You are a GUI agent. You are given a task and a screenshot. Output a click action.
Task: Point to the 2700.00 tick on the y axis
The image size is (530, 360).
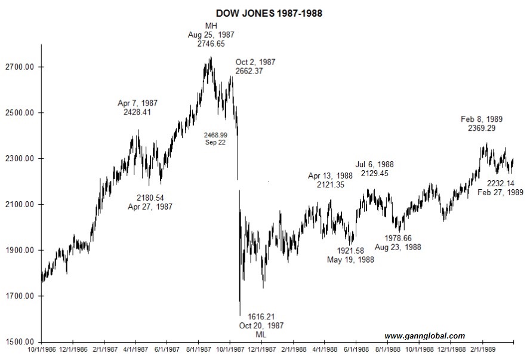[x=20, y=67]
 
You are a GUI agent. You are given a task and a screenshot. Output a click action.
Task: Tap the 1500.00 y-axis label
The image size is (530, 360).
[x=20, y=342]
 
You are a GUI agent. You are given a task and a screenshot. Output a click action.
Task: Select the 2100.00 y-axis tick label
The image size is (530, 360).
[x=20, y=205]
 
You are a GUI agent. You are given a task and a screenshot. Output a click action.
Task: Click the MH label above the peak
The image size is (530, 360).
[x=211, y=26]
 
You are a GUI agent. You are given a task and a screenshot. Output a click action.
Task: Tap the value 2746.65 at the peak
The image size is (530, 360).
[x=211, y=44]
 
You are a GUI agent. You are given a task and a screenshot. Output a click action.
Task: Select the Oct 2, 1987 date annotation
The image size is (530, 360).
[x=255, y=62]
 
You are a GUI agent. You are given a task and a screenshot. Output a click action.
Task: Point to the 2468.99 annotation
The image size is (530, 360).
[x=215, y=136]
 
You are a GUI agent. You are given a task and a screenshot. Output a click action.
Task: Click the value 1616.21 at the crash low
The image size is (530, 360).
[x=261, y=316]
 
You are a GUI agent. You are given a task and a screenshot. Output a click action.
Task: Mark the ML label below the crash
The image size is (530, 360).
[x=261, y=334]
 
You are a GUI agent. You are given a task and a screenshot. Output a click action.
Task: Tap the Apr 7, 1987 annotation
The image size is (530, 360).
[x=138, y=103]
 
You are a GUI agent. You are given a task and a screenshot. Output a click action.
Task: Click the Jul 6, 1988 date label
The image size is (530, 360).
[x=375, y=164]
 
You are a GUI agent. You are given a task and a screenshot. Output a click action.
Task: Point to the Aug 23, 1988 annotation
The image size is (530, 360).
[x=397, y=247]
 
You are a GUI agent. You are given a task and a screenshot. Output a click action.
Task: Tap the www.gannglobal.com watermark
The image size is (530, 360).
[x=424, y=336]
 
